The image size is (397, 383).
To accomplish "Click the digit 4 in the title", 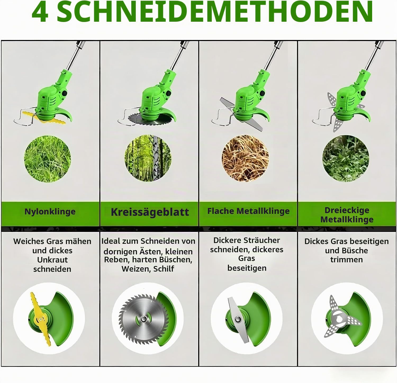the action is click(40, 12).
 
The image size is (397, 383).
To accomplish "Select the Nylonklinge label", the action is click(50, 211).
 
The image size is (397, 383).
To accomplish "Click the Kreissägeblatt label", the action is click(150, 212).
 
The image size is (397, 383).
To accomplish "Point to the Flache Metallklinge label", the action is click(248, 211).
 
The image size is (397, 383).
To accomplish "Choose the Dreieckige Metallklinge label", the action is click(347, 215).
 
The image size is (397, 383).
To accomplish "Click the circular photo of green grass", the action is click(48, 159).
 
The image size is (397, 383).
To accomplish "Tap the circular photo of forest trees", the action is click(148, 158).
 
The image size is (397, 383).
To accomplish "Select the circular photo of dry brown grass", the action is click(245, 159).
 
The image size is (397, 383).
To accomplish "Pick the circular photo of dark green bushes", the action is click(346, 159).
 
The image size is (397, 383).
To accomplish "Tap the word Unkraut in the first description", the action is click(52, 260).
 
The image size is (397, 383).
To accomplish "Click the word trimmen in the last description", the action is click(346, 260).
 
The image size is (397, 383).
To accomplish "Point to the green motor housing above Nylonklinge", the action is click(54, 95).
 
